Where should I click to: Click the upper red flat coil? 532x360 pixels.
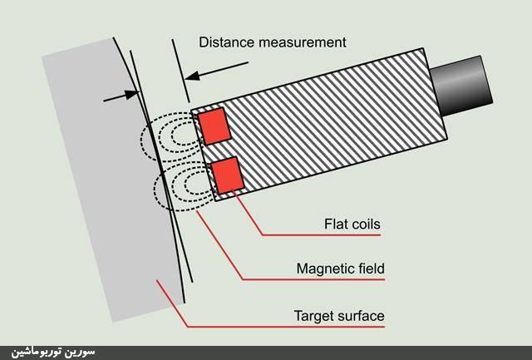click(x=213, y=124)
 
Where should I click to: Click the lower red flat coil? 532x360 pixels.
click(x=227, y=174)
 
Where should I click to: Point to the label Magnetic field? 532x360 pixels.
click(x=340, y=269)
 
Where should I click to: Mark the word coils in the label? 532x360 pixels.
click(x=366, y=224)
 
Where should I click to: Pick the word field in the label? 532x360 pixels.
click(x=370, y=269)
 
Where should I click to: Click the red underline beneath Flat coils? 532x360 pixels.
click(x=324, y=235)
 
